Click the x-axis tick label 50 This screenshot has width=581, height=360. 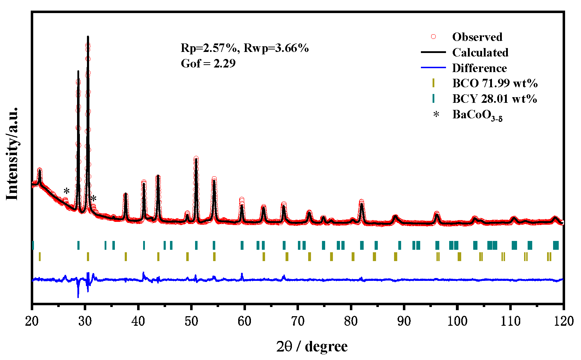[191, 321]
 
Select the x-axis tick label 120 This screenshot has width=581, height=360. [563, 321]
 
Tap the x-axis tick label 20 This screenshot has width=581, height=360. [32, 321]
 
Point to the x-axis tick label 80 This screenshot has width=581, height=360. [351, 321]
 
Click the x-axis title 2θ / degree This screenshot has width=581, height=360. [312, 346]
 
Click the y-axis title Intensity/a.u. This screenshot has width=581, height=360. [12, 153]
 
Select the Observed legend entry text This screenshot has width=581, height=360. [477, 37]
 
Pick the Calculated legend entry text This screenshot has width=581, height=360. [480, 52]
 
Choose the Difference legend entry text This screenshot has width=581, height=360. [480, 68]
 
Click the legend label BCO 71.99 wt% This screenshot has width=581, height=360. [495, 83]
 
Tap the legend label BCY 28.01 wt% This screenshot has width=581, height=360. [494, 99]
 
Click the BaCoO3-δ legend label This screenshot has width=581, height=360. [477, 115]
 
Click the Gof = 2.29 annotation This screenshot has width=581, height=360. [208, 63]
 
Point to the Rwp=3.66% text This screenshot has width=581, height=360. [276, 48]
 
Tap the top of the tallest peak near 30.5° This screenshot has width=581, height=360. [88, 37]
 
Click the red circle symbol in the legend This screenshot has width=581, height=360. [433, 37]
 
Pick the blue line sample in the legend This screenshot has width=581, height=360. [433, 67]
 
